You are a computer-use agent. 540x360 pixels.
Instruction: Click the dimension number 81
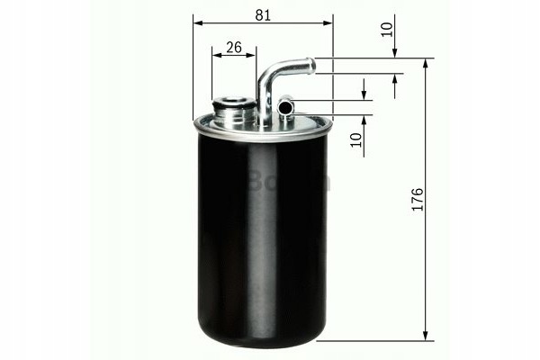coord(262,15)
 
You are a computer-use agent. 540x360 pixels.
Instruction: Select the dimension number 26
coord(233,48)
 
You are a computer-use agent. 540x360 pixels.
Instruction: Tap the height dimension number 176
coord(416,200)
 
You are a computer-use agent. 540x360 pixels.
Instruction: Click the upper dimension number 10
coord(387,28)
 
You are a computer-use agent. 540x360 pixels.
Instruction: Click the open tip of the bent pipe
coord(310,65)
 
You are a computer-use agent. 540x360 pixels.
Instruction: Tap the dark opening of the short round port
coord(285,108)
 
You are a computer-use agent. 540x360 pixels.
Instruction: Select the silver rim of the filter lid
coord(261,131)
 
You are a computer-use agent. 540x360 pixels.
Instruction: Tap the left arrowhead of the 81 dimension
coord(197,23)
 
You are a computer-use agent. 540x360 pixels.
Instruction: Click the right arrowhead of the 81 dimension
coord(328,23)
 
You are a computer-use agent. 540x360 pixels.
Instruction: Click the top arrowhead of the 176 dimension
coord(424,63)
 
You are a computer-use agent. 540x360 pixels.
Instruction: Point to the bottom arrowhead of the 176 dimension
coord(424,336)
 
